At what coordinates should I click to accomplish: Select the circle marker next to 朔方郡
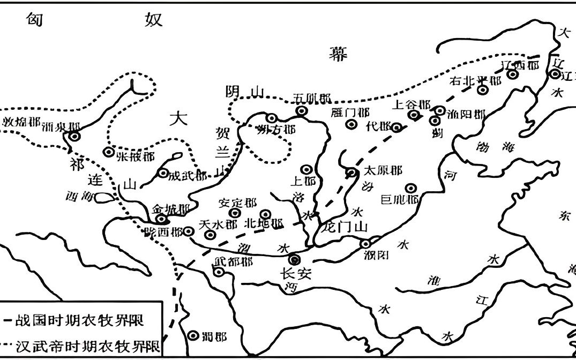click(272, 118)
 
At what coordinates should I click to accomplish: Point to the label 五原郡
click(312, 99)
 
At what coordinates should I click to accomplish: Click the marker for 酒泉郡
click(74, 137)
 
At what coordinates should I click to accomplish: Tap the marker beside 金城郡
click(160, 219)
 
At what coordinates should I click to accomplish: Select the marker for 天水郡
click(211, 234)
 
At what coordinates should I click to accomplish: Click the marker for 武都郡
click(219, 272)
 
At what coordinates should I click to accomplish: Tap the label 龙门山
click(346, 227)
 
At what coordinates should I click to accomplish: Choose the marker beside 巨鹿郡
click(411, 189)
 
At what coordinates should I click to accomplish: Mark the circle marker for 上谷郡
click(413, 115)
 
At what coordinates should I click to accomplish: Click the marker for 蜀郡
click(194, 335)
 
